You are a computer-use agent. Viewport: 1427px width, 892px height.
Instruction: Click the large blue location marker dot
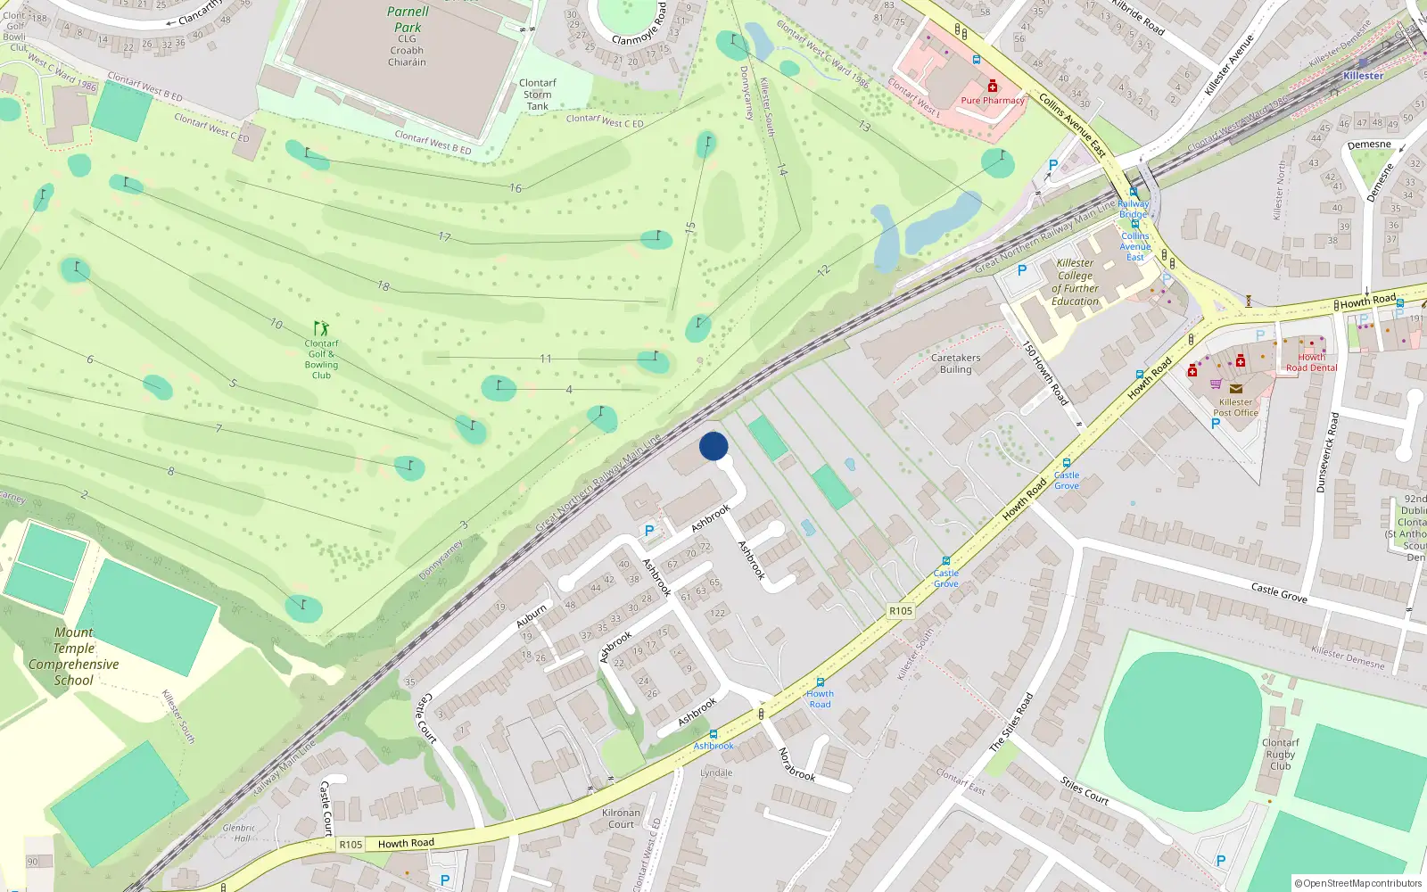click(x=713, y=446)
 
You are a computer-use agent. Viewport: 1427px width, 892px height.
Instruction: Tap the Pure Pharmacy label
click(x=992, y=101)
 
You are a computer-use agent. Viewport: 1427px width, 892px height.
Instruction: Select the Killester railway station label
click(x=1363, y=76)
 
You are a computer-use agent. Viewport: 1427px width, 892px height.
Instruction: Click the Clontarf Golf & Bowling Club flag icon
click(x=321, y=329)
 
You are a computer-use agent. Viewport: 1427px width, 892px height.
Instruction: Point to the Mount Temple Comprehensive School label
click(x=74, y=657)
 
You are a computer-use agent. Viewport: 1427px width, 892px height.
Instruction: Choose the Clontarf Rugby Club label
click(x=1281, y=754)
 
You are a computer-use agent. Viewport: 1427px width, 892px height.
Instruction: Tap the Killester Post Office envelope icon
click(x=1235, y=389)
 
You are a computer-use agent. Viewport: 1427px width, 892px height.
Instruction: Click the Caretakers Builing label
click(x=955, y=363)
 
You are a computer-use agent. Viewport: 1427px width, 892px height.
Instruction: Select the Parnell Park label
click(x=408, y=20)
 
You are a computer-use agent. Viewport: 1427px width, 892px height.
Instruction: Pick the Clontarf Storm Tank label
click(x=537, y=95)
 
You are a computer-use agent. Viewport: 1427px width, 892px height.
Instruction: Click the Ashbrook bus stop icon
click(x=713, y=734)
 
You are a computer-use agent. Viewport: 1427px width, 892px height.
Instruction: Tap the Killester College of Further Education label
click(x=1075, y=282)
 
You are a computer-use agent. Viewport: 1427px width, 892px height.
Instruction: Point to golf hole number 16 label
click(x=516, y=188)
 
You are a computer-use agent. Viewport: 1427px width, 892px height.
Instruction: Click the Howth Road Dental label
click(x=1311, y=362)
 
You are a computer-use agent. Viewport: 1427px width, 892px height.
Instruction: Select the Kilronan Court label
click(x=621, y=818)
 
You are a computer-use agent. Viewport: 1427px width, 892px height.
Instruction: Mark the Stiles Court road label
click(x=1085, y=790)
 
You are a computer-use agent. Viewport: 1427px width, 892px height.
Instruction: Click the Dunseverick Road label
click(x=1327, y=452)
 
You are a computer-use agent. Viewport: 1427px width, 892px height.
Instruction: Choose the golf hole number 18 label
click(x=384, y=286)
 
